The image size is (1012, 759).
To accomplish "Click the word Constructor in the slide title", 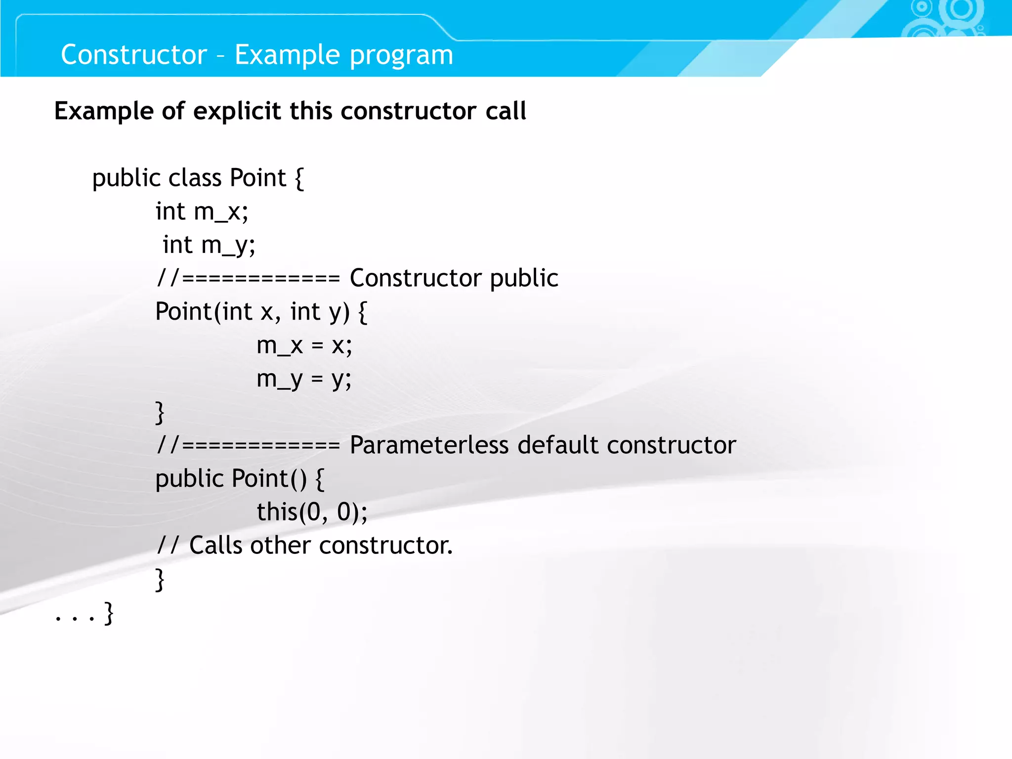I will (x=133, y=54).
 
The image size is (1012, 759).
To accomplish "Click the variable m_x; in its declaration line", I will (x=221, y=212).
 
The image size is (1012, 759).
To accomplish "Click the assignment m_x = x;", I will (x=304, y=345).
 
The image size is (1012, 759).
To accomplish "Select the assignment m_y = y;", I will (x=304, y=379).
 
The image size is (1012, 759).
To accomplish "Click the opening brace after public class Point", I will (x=299, y=178).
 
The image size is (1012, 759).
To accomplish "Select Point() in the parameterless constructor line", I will (x=269, y=478).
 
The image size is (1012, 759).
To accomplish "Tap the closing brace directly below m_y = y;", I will (x=160, y=413).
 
